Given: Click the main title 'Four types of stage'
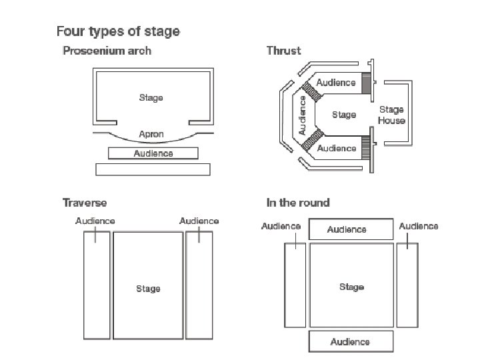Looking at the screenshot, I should [118, 31].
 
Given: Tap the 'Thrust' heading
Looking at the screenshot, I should [283, 51].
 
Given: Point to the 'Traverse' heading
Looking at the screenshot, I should [85, 203].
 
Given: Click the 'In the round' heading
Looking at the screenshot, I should [298, 203].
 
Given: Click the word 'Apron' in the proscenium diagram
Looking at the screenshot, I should [151, 135].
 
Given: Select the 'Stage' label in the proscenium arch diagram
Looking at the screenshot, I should [151, 98].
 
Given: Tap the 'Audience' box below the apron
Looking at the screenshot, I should [153, 153].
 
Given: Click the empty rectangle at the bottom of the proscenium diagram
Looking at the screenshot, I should [153, 169].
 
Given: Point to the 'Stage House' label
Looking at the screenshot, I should [391, 115].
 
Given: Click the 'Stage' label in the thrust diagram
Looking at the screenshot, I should [344, 115].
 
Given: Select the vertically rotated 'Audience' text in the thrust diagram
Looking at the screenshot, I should [303, 115].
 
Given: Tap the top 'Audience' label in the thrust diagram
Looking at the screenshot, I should [336, 83].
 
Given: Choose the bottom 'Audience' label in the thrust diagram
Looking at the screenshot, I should [337, 148].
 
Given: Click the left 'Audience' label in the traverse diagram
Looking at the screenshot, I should [95, 221].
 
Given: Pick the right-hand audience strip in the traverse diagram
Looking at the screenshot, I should [199, 285].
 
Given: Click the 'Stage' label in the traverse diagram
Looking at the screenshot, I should [148, 289].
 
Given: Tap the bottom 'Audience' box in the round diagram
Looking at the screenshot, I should [350, 342].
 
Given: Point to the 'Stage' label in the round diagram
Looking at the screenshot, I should [351, 287].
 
